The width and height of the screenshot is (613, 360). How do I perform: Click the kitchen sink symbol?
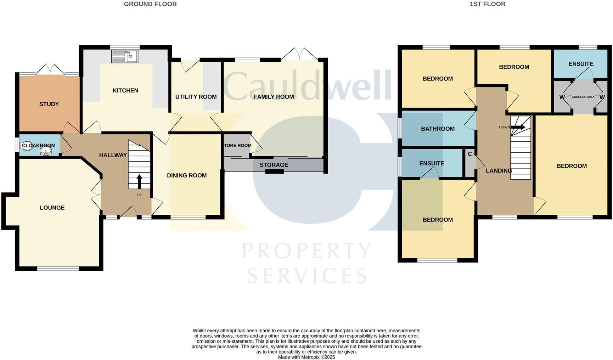[x=125, y=56]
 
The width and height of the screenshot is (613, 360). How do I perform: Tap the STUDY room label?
[x=49, y=104]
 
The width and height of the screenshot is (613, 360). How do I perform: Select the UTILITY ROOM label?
[x=196, y=97]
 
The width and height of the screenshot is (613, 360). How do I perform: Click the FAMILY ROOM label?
[x=274, y=97]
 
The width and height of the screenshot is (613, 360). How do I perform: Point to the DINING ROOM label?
[x=187, y=175]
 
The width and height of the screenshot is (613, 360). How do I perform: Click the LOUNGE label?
[x=52, y=208]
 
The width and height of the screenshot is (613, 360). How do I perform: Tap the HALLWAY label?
[x=113, y=155]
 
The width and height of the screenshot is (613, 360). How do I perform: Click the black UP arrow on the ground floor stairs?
[x=139, y=181]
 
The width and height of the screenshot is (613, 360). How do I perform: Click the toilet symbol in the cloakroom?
[x=27, y=146]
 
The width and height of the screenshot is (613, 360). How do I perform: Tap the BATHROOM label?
[x=438, y=129]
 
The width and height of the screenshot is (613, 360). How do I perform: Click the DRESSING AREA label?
[x=583, y=97]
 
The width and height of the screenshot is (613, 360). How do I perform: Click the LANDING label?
[x=499, y=171]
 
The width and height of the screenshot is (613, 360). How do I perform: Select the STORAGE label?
[x=274, y=165]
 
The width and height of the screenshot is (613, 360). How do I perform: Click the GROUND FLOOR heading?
[x=150, y=4]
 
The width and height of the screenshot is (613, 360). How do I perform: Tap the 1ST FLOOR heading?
[x=487, y=4]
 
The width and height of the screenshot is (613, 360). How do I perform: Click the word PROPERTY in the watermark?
[x=306, y=251]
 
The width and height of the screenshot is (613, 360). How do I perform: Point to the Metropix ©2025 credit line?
[x=306, y=357]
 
